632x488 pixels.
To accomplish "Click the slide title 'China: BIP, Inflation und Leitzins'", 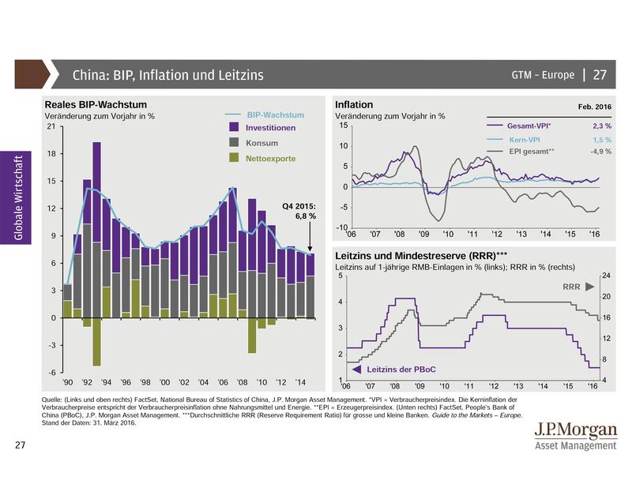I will coord(167,76).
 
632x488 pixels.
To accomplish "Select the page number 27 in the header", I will coord(600,75).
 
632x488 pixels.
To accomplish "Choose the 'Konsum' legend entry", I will coord(261,143).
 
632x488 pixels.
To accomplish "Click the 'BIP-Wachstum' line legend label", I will coord(275,114).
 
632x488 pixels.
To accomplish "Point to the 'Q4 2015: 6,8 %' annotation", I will coord(299,211).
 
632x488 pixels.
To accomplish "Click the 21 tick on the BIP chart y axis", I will coord(51,126).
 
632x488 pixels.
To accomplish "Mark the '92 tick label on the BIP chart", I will coord(87,381).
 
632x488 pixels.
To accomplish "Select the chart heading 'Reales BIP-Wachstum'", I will coord(96,105).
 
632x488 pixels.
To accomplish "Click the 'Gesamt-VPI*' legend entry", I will coord(529,126).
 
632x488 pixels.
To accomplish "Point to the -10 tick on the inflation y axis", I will coord(342,227).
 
